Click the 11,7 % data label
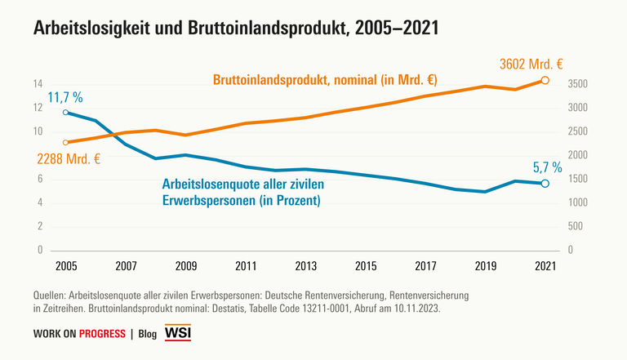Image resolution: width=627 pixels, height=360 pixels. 65,97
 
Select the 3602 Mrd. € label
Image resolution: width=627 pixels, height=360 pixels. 533,64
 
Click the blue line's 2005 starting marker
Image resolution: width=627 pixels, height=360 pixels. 65,113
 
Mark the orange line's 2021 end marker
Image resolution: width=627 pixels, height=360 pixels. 545,80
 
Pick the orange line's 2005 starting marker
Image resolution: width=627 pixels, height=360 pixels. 65,142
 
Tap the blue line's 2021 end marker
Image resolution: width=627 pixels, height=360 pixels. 545,184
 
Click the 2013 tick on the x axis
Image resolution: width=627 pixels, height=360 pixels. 305,265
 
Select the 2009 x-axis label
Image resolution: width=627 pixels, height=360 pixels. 185,265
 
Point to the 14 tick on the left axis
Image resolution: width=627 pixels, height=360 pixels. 38,84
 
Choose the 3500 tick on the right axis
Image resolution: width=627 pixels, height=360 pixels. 577,84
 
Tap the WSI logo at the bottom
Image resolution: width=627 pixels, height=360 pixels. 177,333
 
